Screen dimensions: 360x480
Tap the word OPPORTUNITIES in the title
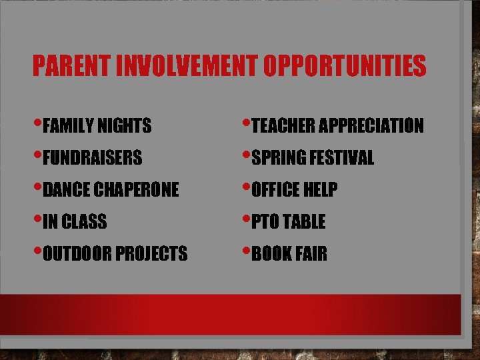345,65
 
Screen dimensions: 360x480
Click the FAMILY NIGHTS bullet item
97,125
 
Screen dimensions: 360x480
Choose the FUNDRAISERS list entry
93,158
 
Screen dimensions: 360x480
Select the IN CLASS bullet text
75,222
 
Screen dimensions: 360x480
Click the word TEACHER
283,125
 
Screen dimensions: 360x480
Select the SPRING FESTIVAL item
313,158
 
